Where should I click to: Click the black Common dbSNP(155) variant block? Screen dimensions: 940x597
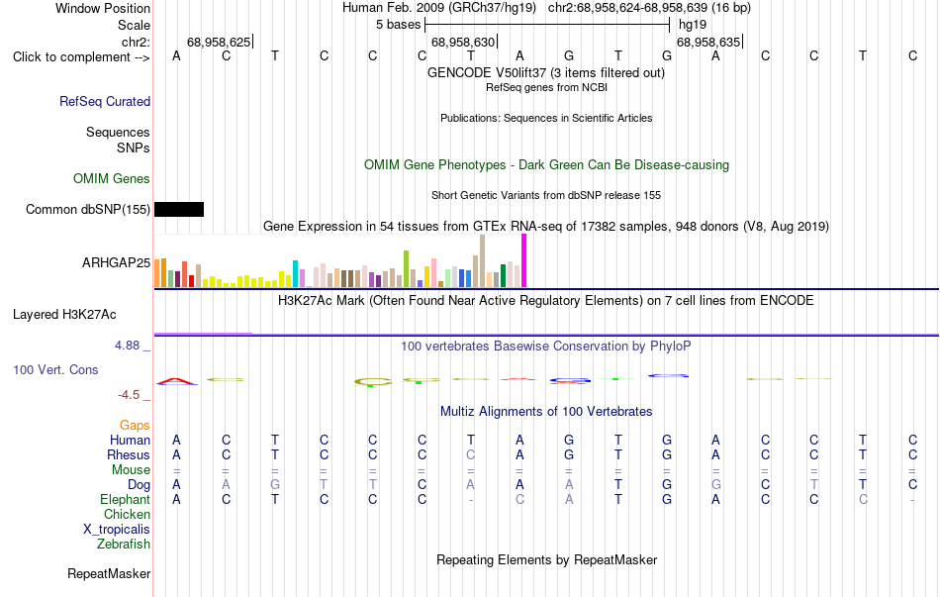point(179,210)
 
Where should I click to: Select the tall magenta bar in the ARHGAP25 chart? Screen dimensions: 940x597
point(524,260)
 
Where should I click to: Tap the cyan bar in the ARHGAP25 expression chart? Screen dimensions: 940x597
point(295,273)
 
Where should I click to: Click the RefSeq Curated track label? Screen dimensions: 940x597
point(105,101)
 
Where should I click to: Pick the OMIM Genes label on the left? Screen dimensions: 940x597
point(112,179)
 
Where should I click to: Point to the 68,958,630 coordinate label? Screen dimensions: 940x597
point(463,42)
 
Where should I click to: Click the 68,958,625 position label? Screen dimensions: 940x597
point(219,42)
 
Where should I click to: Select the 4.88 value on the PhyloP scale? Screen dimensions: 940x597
point(127,346)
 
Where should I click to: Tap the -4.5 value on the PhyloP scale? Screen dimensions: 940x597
point(129,395)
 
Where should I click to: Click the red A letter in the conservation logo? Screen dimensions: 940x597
point(176,381)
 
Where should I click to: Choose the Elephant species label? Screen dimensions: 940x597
point(126,499)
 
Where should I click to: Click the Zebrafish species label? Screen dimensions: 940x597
point(124,545)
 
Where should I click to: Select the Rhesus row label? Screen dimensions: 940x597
point(129,454)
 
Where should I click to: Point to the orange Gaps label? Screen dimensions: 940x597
point(135,426)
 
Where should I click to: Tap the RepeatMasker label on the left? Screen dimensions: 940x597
point(109,573)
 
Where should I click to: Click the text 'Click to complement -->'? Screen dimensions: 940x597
point(81,57)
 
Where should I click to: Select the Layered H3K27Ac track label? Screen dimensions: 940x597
point(64,315)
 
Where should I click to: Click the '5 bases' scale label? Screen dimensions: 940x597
point(398,25)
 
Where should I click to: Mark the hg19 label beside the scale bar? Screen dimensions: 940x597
point(693,25)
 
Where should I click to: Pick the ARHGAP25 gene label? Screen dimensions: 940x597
point(117,262)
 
